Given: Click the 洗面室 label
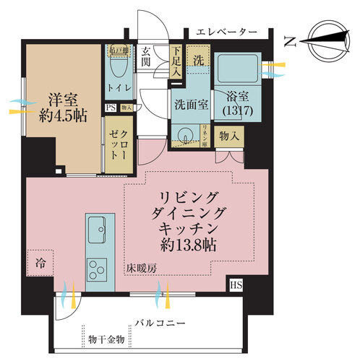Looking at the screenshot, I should pos(191,103).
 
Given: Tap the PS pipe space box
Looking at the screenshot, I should pos(111,108).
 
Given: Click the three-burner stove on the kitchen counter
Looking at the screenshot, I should pos(95,270).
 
